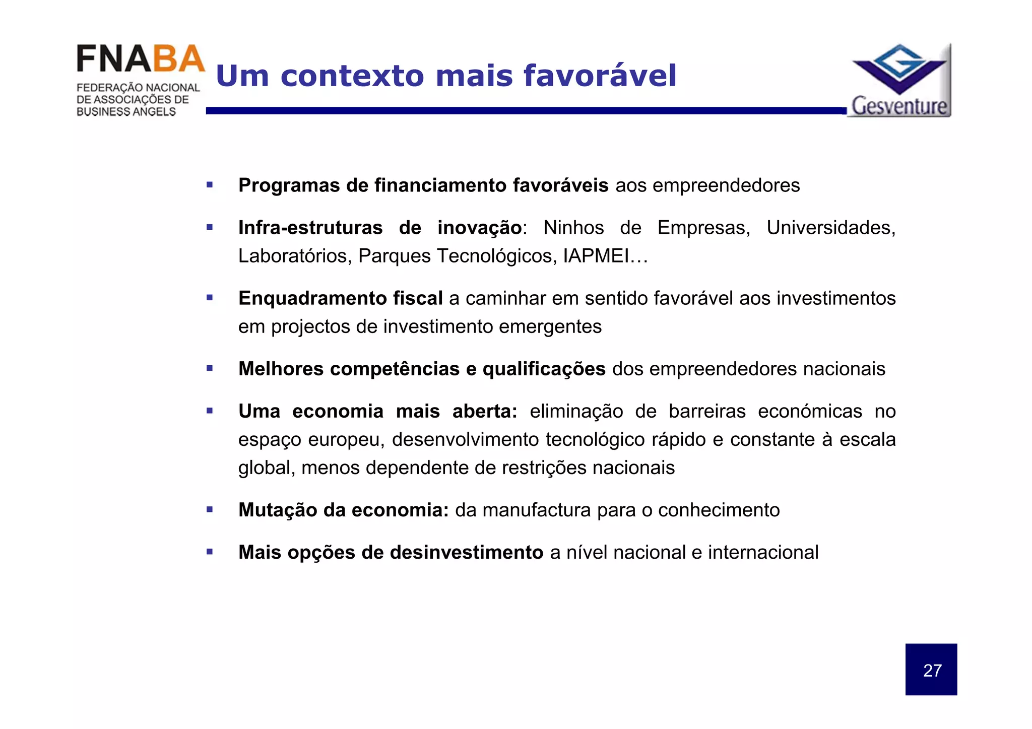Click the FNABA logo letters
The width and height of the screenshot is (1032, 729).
click(x=141, y=59)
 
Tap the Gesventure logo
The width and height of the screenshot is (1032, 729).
click(x=900, y=81)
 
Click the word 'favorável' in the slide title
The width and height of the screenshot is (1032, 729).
click(x=600, y=76)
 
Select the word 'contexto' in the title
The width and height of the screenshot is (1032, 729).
click(x=353, y=76)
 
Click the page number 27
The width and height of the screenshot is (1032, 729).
click(x=932, y=671)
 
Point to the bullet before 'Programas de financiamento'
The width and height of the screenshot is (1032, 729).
click(x=210, y=185)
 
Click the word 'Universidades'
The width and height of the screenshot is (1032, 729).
click(x=830, y=228)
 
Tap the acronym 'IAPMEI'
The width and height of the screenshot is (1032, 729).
click(x=596, y=256)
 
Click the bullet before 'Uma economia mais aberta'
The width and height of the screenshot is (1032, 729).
click(x=210, y=411)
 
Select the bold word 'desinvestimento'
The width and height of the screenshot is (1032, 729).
click(x=466, y=552)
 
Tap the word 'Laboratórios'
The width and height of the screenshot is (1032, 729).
click(x=295, y=256)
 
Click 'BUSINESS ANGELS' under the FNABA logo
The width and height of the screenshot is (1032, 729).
click(x=126, y=112)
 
